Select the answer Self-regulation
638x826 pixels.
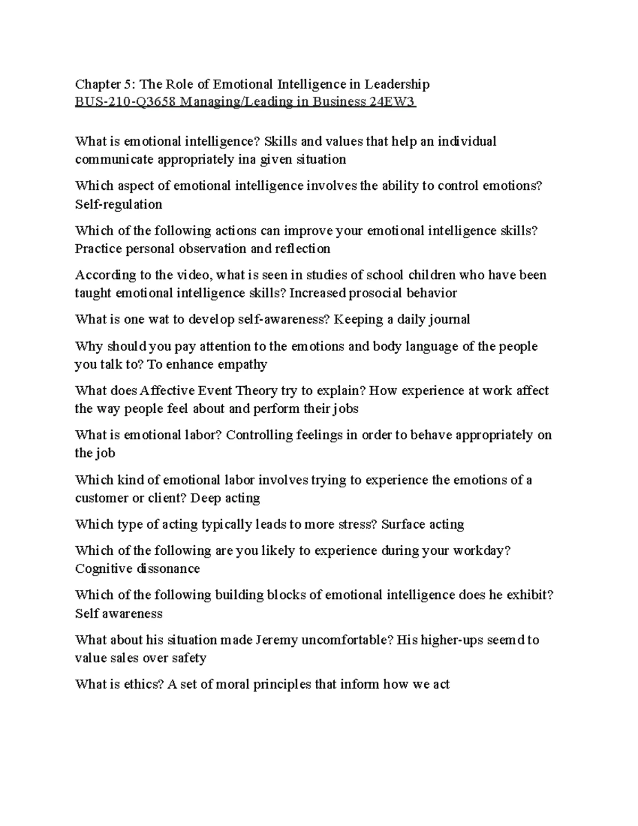pyautogui.click(x=119, y=204)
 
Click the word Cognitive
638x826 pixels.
pyautogui.click(x=103, y=569)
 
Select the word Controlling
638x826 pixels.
pyautogui.click(x=258, y=435)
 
